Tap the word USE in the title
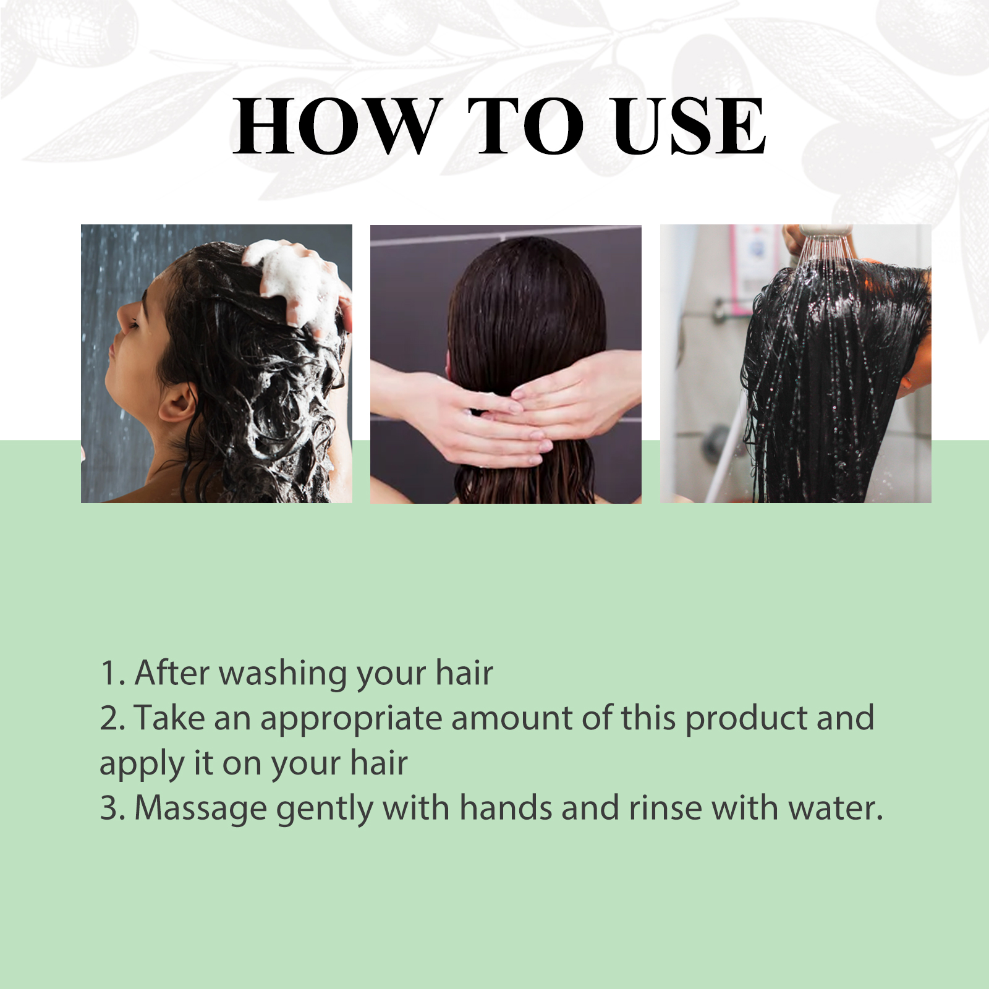click(689, 126)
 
